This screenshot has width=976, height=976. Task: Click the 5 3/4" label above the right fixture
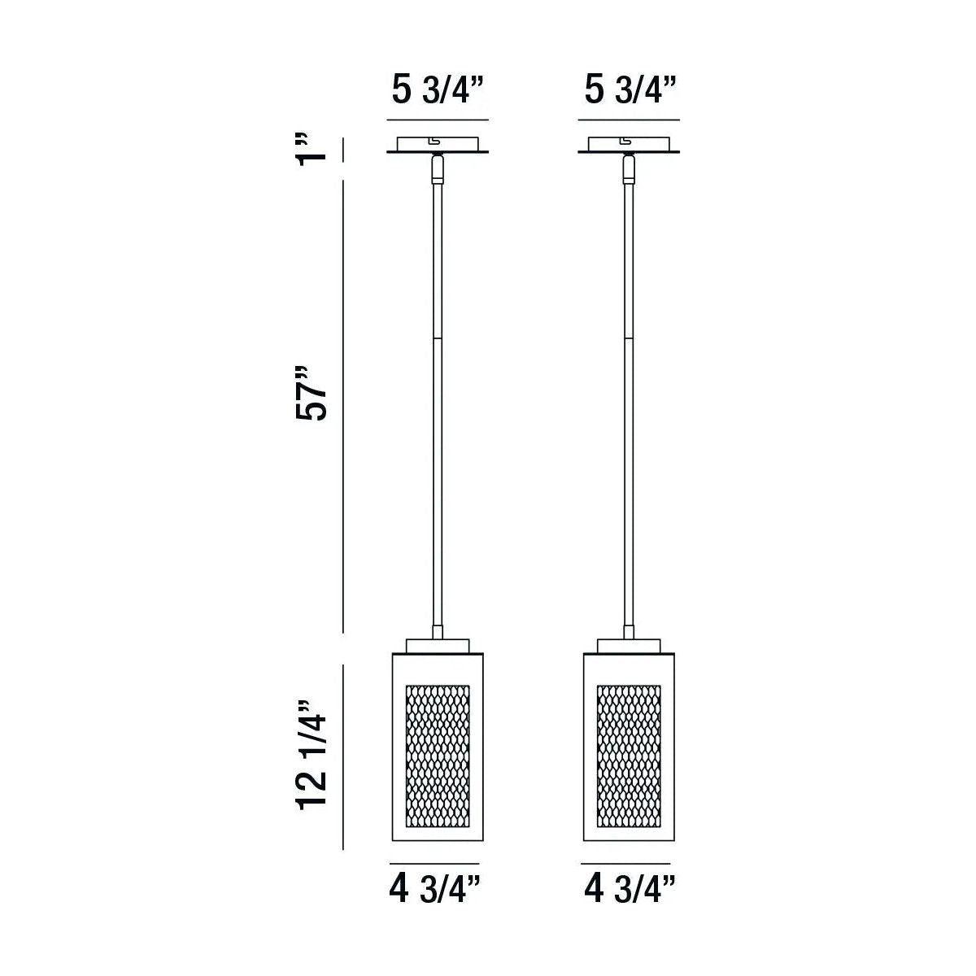(x=630, y=91)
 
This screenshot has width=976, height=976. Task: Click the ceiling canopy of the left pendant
(x=438, y=144)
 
